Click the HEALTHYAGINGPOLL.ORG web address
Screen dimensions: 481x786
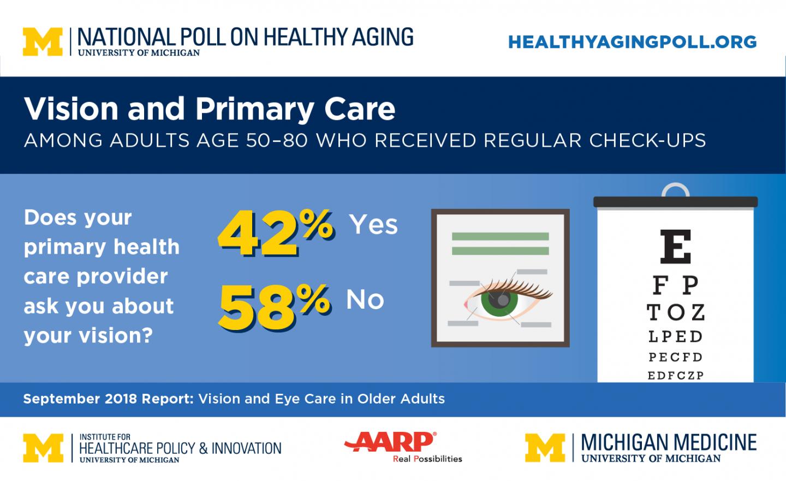tap(632, 42)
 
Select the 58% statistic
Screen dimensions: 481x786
tap(274, 307)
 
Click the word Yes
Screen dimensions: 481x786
tap(373, 224)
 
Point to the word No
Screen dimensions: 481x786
tap(365, 299)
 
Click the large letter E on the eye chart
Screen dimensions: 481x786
tap(675, 246)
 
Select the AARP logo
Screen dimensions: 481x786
tap(390, 442)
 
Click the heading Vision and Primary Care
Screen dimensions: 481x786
tap(210, 109)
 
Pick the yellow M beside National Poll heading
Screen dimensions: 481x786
tap(43, 42)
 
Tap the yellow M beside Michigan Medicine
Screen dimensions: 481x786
tap(545, 448)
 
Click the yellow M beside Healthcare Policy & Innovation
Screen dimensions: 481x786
tap(43, 448)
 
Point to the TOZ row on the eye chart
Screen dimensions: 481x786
tap(676, 312)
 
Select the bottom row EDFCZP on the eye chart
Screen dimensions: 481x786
tap(676, 375)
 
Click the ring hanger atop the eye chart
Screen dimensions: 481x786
tap(675, 190)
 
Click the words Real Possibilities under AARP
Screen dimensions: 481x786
tap(427, 459)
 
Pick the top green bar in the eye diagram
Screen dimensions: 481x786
tap(500, 237)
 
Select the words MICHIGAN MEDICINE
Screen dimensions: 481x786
tap(669, 442)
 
